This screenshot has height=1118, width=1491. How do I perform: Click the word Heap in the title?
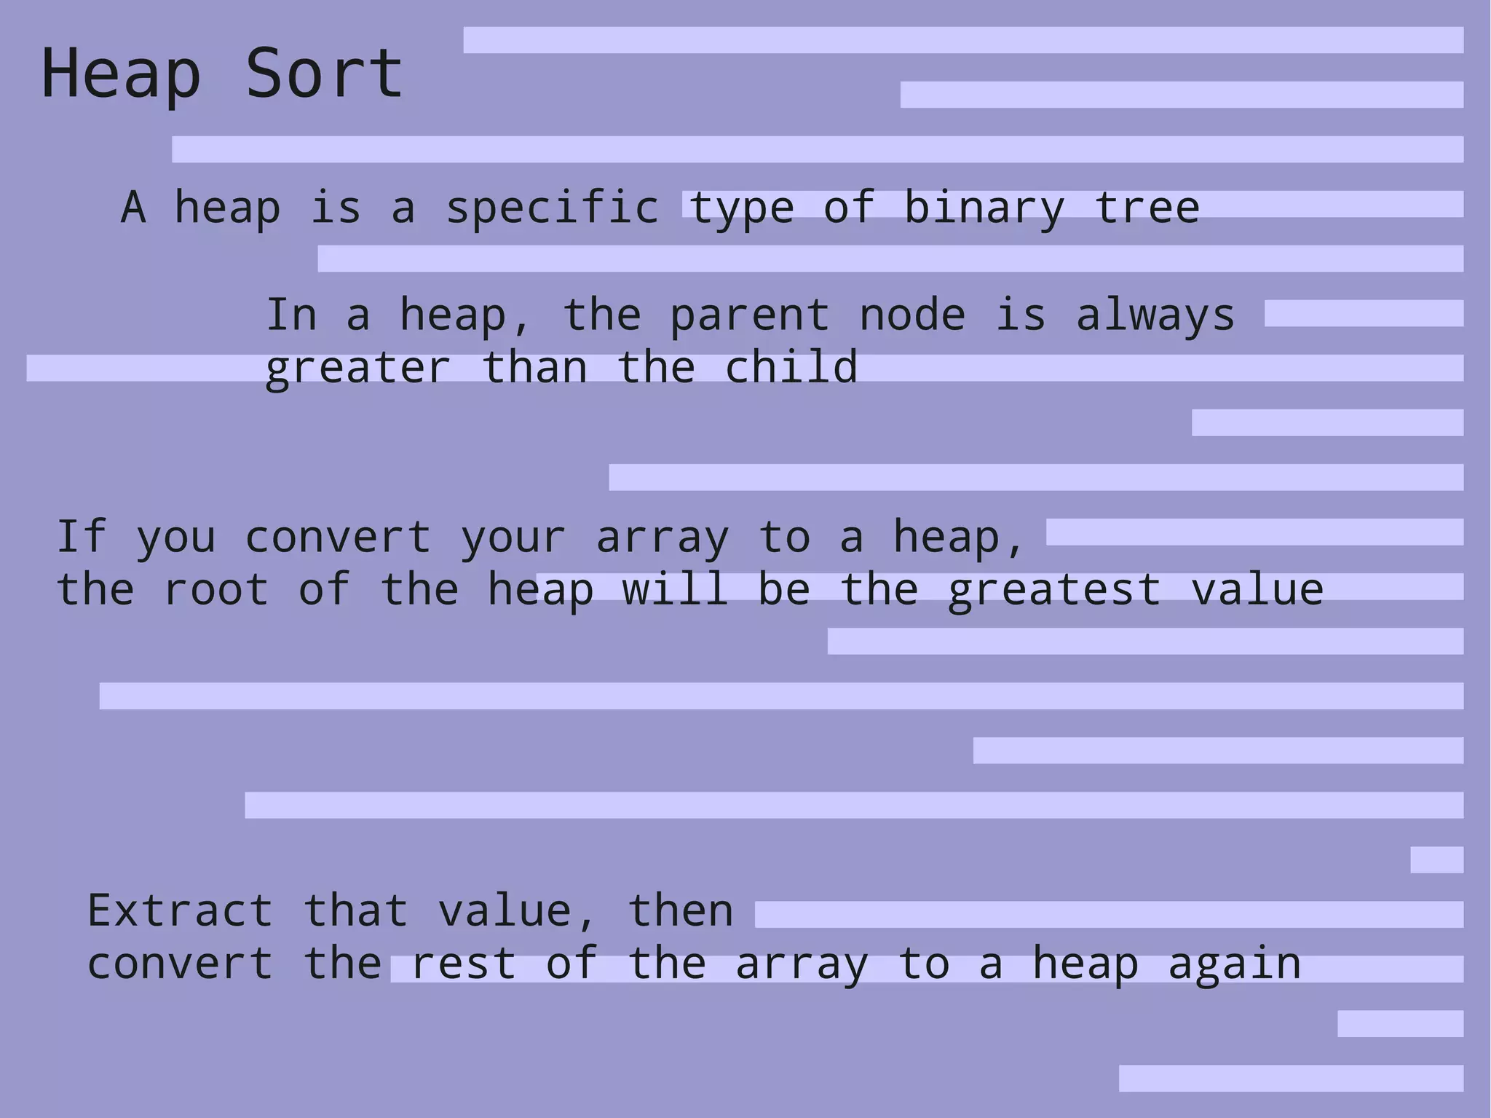tap(121, 74)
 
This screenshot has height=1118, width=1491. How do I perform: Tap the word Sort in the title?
tap(324, 74)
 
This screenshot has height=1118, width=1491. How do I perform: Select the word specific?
tap(553, 208)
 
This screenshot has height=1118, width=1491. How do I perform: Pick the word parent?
tap(749, 317)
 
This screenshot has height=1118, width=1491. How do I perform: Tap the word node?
tap(912, 315)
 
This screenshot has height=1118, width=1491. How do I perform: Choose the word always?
tap(1155, 317)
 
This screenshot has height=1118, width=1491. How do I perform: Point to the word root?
tap(216, 590)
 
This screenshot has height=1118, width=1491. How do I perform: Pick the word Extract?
tap(180, 910)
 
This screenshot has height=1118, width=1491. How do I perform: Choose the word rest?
tap(464, 964)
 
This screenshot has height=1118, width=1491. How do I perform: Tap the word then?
tap(680, 910)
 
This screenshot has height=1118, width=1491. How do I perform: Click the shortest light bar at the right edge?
tap(1436, 859)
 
